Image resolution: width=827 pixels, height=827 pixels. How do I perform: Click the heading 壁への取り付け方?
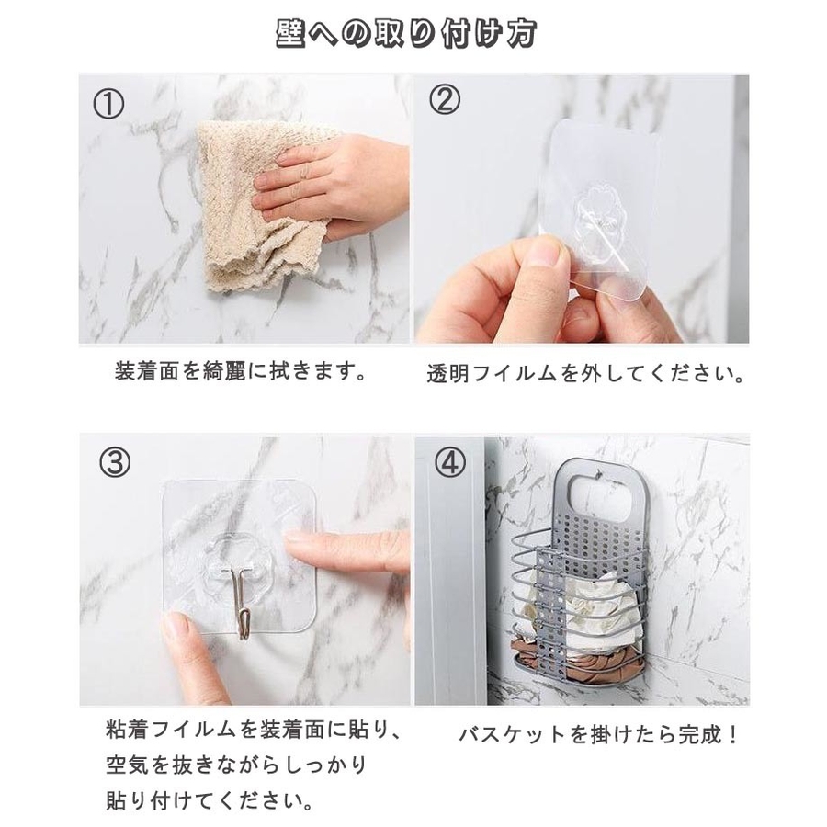[x=406, y=34]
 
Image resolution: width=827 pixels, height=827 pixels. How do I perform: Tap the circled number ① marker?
[x=108, y=104]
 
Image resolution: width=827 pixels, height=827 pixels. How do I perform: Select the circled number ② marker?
[x=444, y=99]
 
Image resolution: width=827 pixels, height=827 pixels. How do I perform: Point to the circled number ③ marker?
[x=115, y=462]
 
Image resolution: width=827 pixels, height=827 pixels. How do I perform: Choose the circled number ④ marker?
[x=450, y=462]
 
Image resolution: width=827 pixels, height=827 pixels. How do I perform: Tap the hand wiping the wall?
[x=331, y=185]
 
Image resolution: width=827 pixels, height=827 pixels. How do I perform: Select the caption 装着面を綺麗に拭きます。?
[x=241, y=372]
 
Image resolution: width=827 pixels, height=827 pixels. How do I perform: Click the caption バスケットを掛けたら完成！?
[x=597, y=734]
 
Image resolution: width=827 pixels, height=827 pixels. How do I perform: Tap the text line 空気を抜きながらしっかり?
[x=236, y=765]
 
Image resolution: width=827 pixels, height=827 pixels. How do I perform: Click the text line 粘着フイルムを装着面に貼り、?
[x=255, y=730]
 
